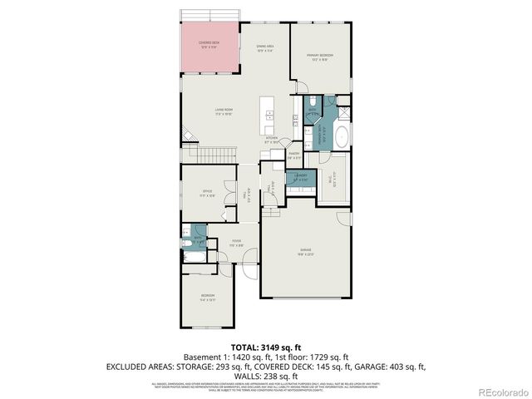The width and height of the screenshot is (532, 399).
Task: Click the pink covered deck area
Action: [210, 47]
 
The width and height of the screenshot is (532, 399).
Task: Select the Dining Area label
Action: [265, 48]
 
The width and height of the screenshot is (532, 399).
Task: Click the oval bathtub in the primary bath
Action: [342, 137]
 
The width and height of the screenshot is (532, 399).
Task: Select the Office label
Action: [207, 193]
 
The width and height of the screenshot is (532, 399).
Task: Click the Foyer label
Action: [237, 243]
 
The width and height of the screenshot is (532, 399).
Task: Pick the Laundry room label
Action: [301, 176]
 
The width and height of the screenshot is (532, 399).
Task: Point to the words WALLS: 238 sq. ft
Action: [265, 375]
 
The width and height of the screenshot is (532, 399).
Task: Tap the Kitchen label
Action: [271, 140]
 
